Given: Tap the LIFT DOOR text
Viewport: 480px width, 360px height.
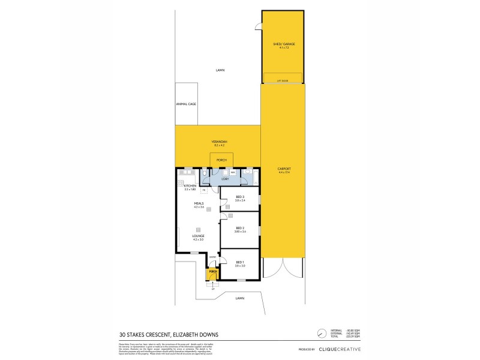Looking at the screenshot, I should (x=283, y=80).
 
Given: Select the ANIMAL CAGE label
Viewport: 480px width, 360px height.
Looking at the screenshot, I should (x=186, y=104).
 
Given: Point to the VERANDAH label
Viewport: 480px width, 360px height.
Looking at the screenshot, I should (x=218, y=142).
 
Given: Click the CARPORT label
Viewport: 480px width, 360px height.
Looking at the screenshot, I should (x=283, y=170).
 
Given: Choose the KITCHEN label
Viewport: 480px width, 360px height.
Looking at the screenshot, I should (x=191, y=186).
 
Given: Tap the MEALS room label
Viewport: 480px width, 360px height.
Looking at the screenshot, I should (x=199, y=204).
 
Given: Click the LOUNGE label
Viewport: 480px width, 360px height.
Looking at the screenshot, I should (x=198, y=236).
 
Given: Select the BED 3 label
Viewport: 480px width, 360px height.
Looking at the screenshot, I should (x=239, y=198).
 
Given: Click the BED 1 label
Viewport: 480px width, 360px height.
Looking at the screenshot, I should (x=239, y=262).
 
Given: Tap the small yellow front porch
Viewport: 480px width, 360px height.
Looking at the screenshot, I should (x=212, y=274).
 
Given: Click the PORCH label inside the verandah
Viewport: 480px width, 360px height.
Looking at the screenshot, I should (x=221, y=160).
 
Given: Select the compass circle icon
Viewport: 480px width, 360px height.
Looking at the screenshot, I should (x=322, y=332).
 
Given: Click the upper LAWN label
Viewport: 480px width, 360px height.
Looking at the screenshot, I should (x=220, y=70).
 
